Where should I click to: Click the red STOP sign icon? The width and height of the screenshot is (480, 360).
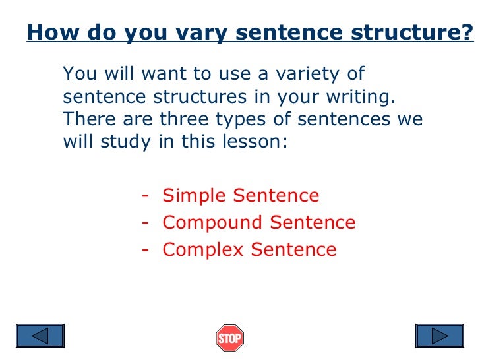[229, 338]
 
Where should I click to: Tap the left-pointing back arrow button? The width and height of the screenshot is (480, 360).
[40, 337]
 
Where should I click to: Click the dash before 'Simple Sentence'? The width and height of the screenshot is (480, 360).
[144, 196]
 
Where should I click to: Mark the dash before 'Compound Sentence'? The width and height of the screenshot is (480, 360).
[144, 223]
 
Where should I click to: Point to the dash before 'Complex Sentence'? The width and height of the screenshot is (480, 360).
[144, 250]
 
